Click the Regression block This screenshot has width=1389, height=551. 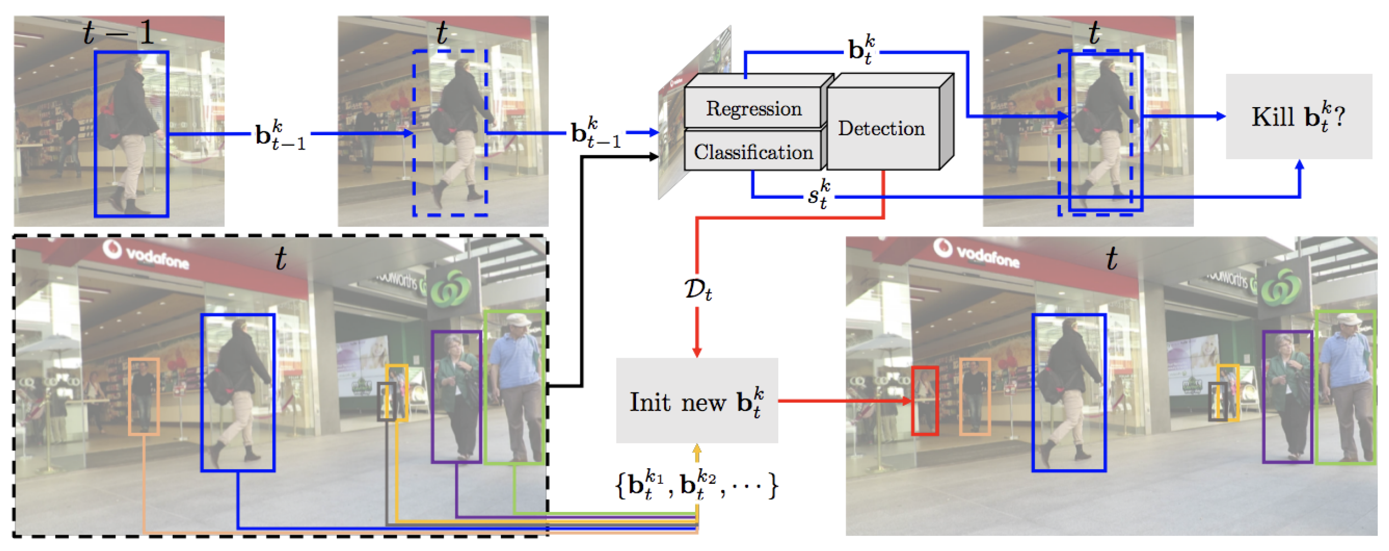(753, 109)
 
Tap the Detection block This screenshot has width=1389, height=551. (881, 129)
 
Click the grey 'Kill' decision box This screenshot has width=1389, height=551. (1299, 117)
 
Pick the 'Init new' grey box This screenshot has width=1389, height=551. (697, 401)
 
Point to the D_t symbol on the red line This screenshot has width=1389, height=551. (698, 290)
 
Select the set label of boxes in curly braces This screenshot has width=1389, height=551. (697, 485)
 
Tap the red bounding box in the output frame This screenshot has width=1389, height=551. (925, 401)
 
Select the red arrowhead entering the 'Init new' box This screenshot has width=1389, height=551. (697, 351)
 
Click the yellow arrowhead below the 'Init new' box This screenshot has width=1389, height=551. (697, 449)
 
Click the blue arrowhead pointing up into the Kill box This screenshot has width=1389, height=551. (1300, 165)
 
